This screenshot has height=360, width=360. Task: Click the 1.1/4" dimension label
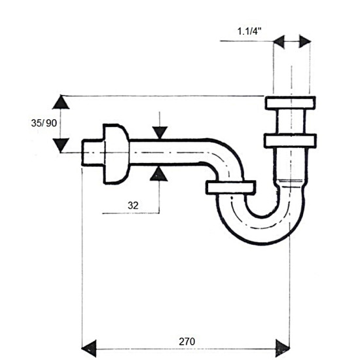(x=249, y=31)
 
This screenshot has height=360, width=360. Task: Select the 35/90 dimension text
(x=44, y=123)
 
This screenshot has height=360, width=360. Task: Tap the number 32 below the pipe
(x=133, y=206)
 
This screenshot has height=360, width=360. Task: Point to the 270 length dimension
(x=187, y=342)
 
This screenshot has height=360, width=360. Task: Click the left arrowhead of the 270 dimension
(x=89, y=348)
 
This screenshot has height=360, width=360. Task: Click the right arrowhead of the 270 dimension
(x=283, y=348)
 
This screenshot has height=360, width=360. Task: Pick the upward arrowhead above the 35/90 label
(x=61, y=102)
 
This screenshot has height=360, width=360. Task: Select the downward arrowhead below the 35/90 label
(x=61, y=145)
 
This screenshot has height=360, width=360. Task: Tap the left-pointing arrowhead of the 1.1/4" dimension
(x=279, y=42)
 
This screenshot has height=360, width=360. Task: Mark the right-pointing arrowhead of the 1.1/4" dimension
(x=305, y=41)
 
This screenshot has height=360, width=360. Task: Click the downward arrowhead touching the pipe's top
(x=160, y=133)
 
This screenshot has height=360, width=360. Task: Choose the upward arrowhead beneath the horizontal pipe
(x=158, y=174)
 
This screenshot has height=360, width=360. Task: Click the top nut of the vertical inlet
(x=290, y=103)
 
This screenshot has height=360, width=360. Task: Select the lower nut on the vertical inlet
(x=290, y=141)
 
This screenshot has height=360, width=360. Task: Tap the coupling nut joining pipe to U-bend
(x=230, y=188)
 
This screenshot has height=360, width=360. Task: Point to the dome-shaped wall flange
(x=116, y=154)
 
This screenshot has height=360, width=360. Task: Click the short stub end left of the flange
(x=93, y=153)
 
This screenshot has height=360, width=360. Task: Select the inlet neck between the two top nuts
(x=291, y=122)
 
